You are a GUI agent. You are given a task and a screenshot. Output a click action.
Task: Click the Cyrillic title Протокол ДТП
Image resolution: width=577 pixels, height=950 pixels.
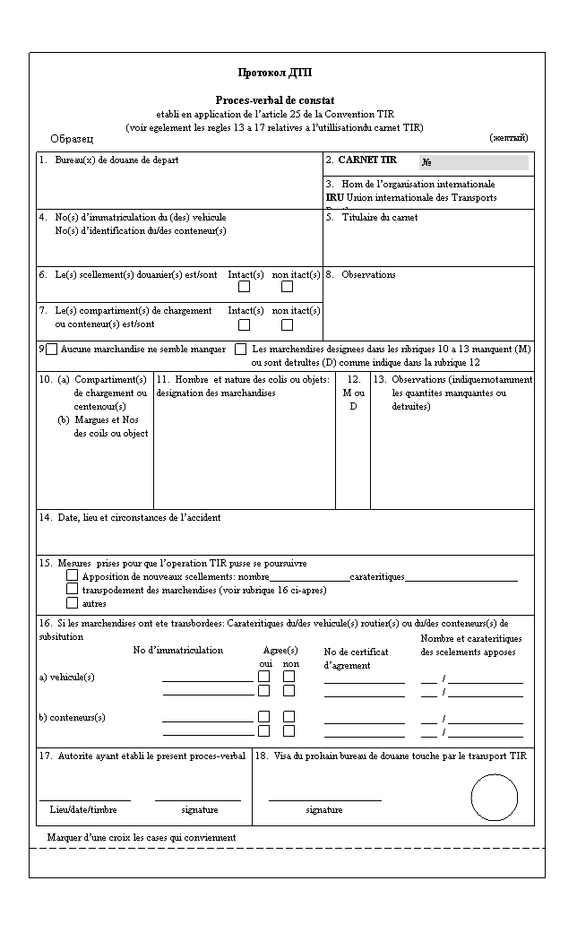click(x=275, y=73)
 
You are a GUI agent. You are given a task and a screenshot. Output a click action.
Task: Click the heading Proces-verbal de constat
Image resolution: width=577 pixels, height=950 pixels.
click(x=275, y=101)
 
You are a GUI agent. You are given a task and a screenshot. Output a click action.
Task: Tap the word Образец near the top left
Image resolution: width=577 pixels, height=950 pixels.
click(x=72, y=139)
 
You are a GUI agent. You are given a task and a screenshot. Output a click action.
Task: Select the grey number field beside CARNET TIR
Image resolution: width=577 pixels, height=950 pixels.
click(x=474, y=162)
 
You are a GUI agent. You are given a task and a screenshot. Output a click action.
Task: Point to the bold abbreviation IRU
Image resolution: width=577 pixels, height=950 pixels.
click(x=334, y=197)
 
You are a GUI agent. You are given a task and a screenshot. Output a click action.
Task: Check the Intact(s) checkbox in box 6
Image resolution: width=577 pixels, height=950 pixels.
click(x=244, y=287)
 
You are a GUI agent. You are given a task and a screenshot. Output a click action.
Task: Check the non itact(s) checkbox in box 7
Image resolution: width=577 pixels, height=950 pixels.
click(x=287, y=324)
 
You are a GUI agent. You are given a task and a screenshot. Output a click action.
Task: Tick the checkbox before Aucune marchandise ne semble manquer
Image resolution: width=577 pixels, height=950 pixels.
click(x=51, y=349)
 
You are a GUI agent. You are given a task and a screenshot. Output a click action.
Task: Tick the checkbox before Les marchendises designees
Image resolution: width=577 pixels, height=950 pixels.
click(x=240, y=349)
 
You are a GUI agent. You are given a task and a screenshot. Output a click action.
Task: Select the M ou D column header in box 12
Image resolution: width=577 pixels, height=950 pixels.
click(x=354, y=393)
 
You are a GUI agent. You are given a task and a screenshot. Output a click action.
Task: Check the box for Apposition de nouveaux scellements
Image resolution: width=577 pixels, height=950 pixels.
click(x=73, y=576)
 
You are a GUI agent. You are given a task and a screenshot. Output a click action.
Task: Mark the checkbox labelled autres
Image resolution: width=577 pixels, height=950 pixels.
click(x=73, y=603)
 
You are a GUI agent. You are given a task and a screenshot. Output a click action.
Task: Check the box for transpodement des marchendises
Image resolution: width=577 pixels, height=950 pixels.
click(x=73, y=590)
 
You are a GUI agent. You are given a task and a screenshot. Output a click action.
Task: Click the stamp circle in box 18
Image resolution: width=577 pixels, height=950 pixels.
click(x=494, y=797)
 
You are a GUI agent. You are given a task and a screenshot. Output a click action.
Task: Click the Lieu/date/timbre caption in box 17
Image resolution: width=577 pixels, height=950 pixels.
click(x=83, y=810)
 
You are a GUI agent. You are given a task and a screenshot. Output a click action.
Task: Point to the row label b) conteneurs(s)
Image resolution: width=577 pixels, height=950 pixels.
click(x=73, y=717)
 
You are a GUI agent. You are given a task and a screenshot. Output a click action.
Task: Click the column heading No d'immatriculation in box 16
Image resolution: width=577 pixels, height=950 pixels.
click(x=178, y=651)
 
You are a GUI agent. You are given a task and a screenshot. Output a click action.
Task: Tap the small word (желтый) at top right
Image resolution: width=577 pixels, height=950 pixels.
click(x=508, y=137)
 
